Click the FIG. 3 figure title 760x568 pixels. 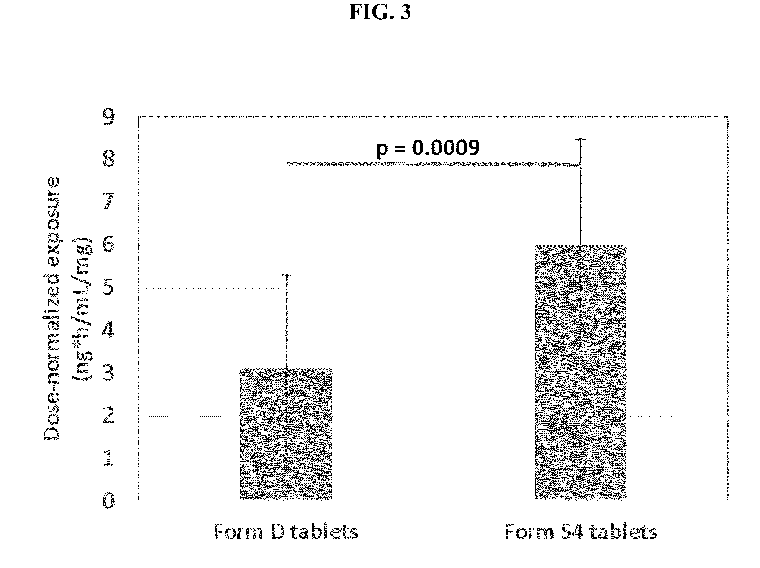pyautogui.click(x=379, y=12)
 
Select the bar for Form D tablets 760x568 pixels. pyautogui.click(x=286, y=434)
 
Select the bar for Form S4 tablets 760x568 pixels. pyautogui.click(x=580, y=372)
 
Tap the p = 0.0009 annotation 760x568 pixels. pyautogui.click(x=428, y=148)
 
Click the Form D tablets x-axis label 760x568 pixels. pyautogui.click(x=286, y=532)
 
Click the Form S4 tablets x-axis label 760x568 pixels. pyautogui.click(x=581, y=532)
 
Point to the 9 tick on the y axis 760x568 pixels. pyautogui.click(x=109, y=117)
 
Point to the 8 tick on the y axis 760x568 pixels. pyautogui.click(x=109, y=160)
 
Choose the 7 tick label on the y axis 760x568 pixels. pyautogui.click(x=109, y=202)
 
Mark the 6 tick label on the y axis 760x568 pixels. pyautogui.click(x=109, y=245)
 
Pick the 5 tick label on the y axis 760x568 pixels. pyautogui.click(x=109, y=288)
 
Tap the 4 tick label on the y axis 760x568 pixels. pyautogui.click(x=109, y=331)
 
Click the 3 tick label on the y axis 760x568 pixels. pyautogui.click(x=109, y=373)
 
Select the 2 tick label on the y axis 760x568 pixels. pyautogui.click(x=109, y=416)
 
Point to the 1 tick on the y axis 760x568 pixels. pyautogui.click(x=109, y=459)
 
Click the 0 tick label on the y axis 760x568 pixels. pyautogui.click(x=109, y=501)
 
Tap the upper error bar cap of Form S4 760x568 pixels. pyautogui.click(x=580, y=140)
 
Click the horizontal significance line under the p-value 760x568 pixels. pyautogui.click(x=433, y=164)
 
